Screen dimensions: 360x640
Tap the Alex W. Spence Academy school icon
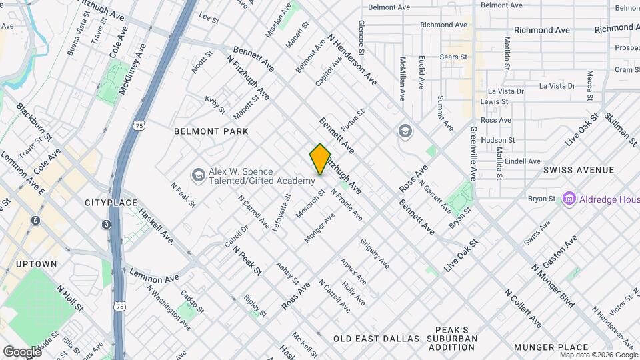click(x=198, y=175)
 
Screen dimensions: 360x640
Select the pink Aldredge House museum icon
click(x=569, y=198)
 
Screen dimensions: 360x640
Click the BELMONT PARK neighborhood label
click(x=211, y=131)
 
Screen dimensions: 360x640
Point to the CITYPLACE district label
click(x=111, y=202)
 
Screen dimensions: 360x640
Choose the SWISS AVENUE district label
click(x=578, y=170)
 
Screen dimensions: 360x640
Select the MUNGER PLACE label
click(x=551, y=347)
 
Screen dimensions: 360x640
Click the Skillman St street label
click(x=621, y=126)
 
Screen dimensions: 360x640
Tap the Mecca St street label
click(x=589, y=85)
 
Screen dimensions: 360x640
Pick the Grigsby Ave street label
click(x=375, y=253)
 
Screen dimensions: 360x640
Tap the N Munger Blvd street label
click(x=553, y=286)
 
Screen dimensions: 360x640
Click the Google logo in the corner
click(x=22, y=351)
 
